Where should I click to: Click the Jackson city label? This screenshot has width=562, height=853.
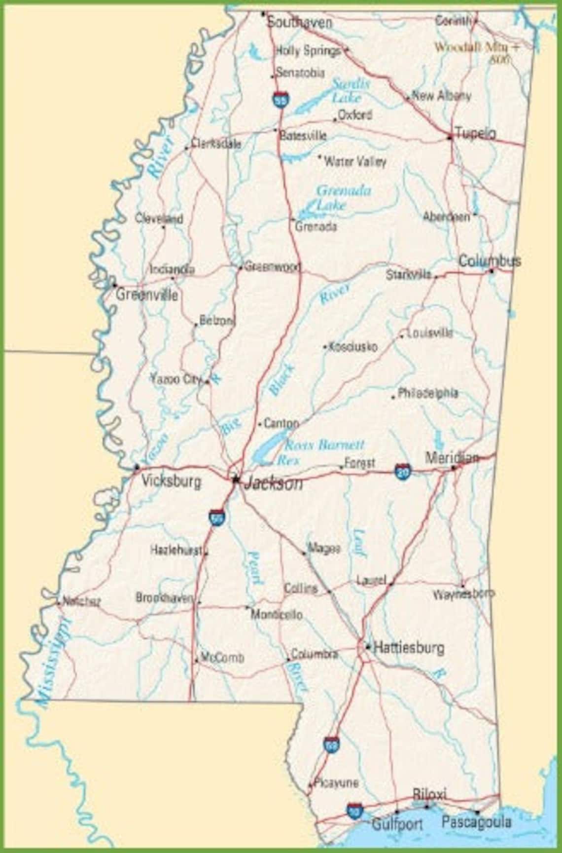274,483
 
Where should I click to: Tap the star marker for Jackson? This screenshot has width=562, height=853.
236,478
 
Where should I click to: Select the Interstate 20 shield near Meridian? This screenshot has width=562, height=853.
403,471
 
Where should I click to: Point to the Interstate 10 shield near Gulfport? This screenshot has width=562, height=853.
354,810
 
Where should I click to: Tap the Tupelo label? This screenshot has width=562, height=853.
475,133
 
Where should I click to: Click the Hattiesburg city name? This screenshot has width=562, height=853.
409,647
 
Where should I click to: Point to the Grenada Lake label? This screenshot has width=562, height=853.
343,197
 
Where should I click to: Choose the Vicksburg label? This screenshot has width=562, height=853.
171,481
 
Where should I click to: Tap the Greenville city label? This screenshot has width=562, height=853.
146,295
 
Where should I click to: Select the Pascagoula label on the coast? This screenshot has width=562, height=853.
476,822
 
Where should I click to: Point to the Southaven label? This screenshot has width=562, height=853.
299,22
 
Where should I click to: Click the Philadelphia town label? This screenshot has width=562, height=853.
427,393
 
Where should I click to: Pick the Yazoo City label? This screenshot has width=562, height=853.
176,379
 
